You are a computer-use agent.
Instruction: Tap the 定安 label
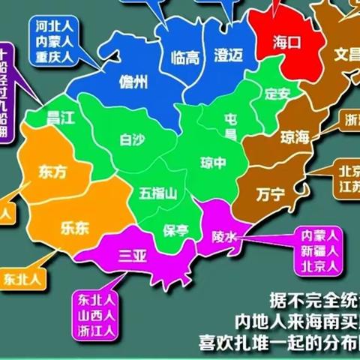click(x=277, y=95)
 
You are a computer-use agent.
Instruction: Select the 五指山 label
click(x=157, y=193)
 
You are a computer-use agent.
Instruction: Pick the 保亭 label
click(x=176, y=231)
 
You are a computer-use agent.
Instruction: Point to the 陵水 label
click(x=224, y=237)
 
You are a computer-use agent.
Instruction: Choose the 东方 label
click(x=52, y=172)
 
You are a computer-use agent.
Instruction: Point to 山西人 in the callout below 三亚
click(x=95, y=314)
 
